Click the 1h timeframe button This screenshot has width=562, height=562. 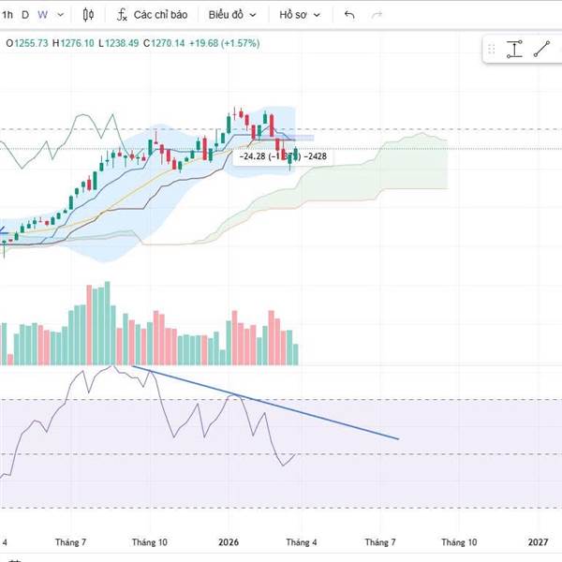click(7, 15)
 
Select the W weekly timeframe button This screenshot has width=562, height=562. click(43, 15)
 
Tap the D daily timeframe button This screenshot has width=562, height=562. click(25, 15)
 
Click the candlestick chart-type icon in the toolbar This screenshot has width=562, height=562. click(89, 15)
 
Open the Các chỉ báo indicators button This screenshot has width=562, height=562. click(152, 15)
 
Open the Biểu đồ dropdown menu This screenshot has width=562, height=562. click(230, 15)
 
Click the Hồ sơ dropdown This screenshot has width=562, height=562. click(300, 15)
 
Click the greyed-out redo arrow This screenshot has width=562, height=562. click(377, 15)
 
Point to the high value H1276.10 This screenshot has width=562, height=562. click(73, 42)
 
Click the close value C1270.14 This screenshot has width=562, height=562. click(165, 42)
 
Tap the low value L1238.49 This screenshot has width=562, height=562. click(119, 42)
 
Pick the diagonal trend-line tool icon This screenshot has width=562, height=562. click(541, 50)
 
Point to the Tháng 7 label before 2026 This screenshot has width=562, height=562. click(70, 542)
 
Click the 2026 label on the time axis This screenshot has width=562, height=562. click(229, 542)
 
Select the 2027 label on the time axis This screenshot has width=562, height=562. click(539, 542)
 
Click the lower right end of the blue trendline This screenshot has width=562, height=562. click(398, 438)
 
